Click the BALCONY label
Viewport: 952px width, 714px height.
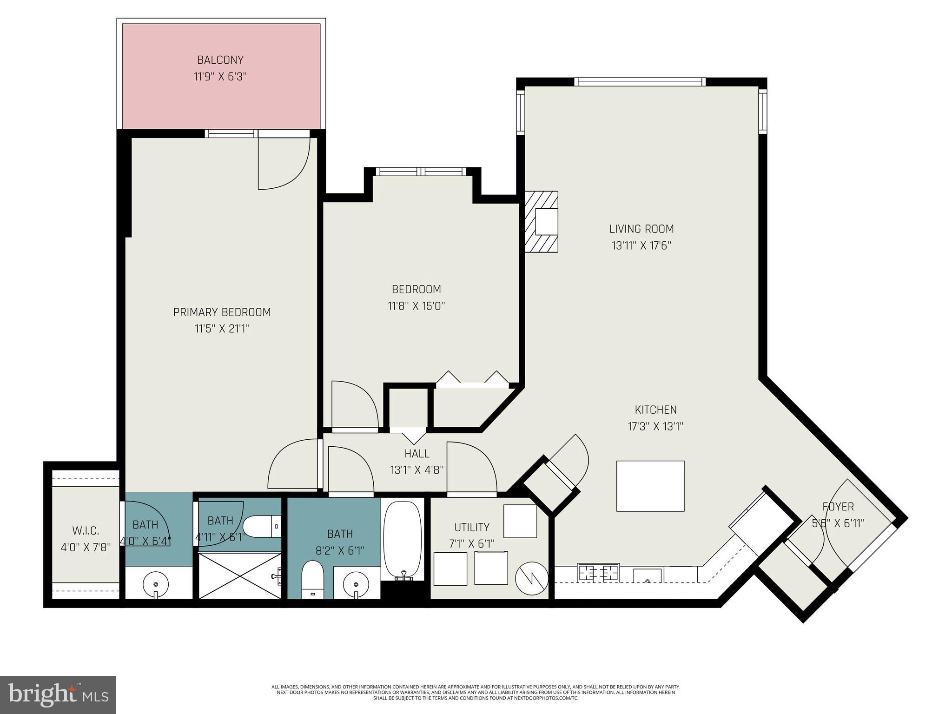tap(220, 60)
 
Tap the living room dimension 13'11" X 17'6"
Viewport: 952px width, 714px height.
tap(641, 246)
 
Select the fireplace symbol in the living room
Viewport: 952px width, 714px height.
tap(542, 222)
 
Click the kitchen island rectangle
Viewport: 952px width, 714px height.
tap(650, 486)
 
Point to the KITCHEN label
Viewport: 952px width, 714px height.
tap(655, 410)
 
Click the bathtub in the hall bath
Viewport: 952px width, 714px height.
tap(403, 539)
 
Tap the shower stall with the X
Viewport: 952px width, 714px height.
tap(239, 575)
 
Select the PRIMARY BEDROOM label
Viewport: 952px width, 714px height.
tap(222, 312)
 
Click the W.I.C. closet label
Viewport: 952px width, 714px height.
tap(86, 530)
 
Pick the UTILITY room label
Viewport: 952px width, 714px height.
tap(471, 527)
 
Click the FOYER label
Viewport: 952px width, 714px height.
tap(838, 507)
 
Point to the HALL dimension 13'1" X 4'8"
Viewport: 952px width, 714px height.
tap(417, 470)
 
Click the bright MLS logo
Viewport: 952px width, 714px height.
tap(58, 694)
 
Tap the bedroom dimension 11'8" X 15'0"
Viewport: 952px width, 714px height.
tap(416, 306)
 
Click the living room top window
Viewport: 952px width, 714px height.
tap(640, 82)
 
